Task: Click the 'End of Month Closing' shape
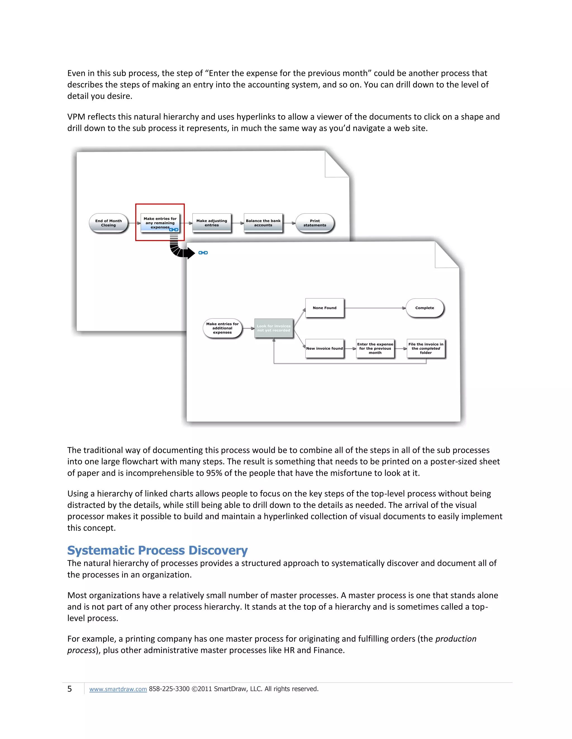coord(108,223)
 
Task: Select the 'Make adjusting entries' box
coord(211,223)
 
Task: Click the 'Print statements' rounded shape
coord(314,223)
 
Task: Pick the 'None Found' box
coord(324,308)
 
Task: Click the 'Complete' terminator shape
coord(424,308)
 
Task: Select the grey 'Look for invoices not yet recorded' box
coord(273,328)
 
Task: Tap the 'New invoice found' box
coord(324,349)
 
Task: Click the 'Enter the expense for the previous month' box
coord(375,349)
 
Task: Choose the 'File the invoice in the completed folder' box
coord(426,349)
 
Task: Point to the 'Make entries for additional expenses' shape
coord(222,328)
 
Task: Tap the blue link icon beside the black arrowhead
coord(203,253)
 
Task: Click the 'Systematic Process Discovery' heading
coord(157,550)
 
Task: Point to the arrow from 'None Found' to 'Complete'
coord(375,308)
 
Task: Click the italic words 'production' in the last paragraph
coord(456,639)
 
